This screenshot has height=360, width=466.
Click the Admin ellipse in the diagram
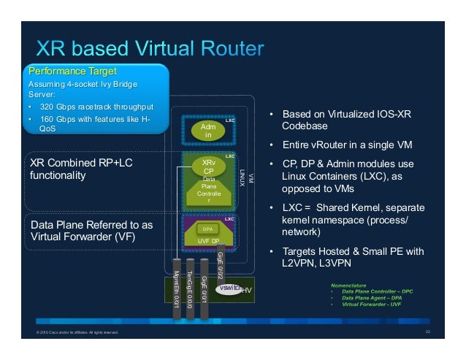coord(207,130)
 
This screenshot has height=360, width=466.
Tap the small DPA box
coord(207,229)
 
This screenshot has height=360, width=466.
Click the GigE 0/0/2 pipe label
coord(221,260)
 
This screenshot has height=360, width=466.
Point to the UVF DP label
coord(208,240)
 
